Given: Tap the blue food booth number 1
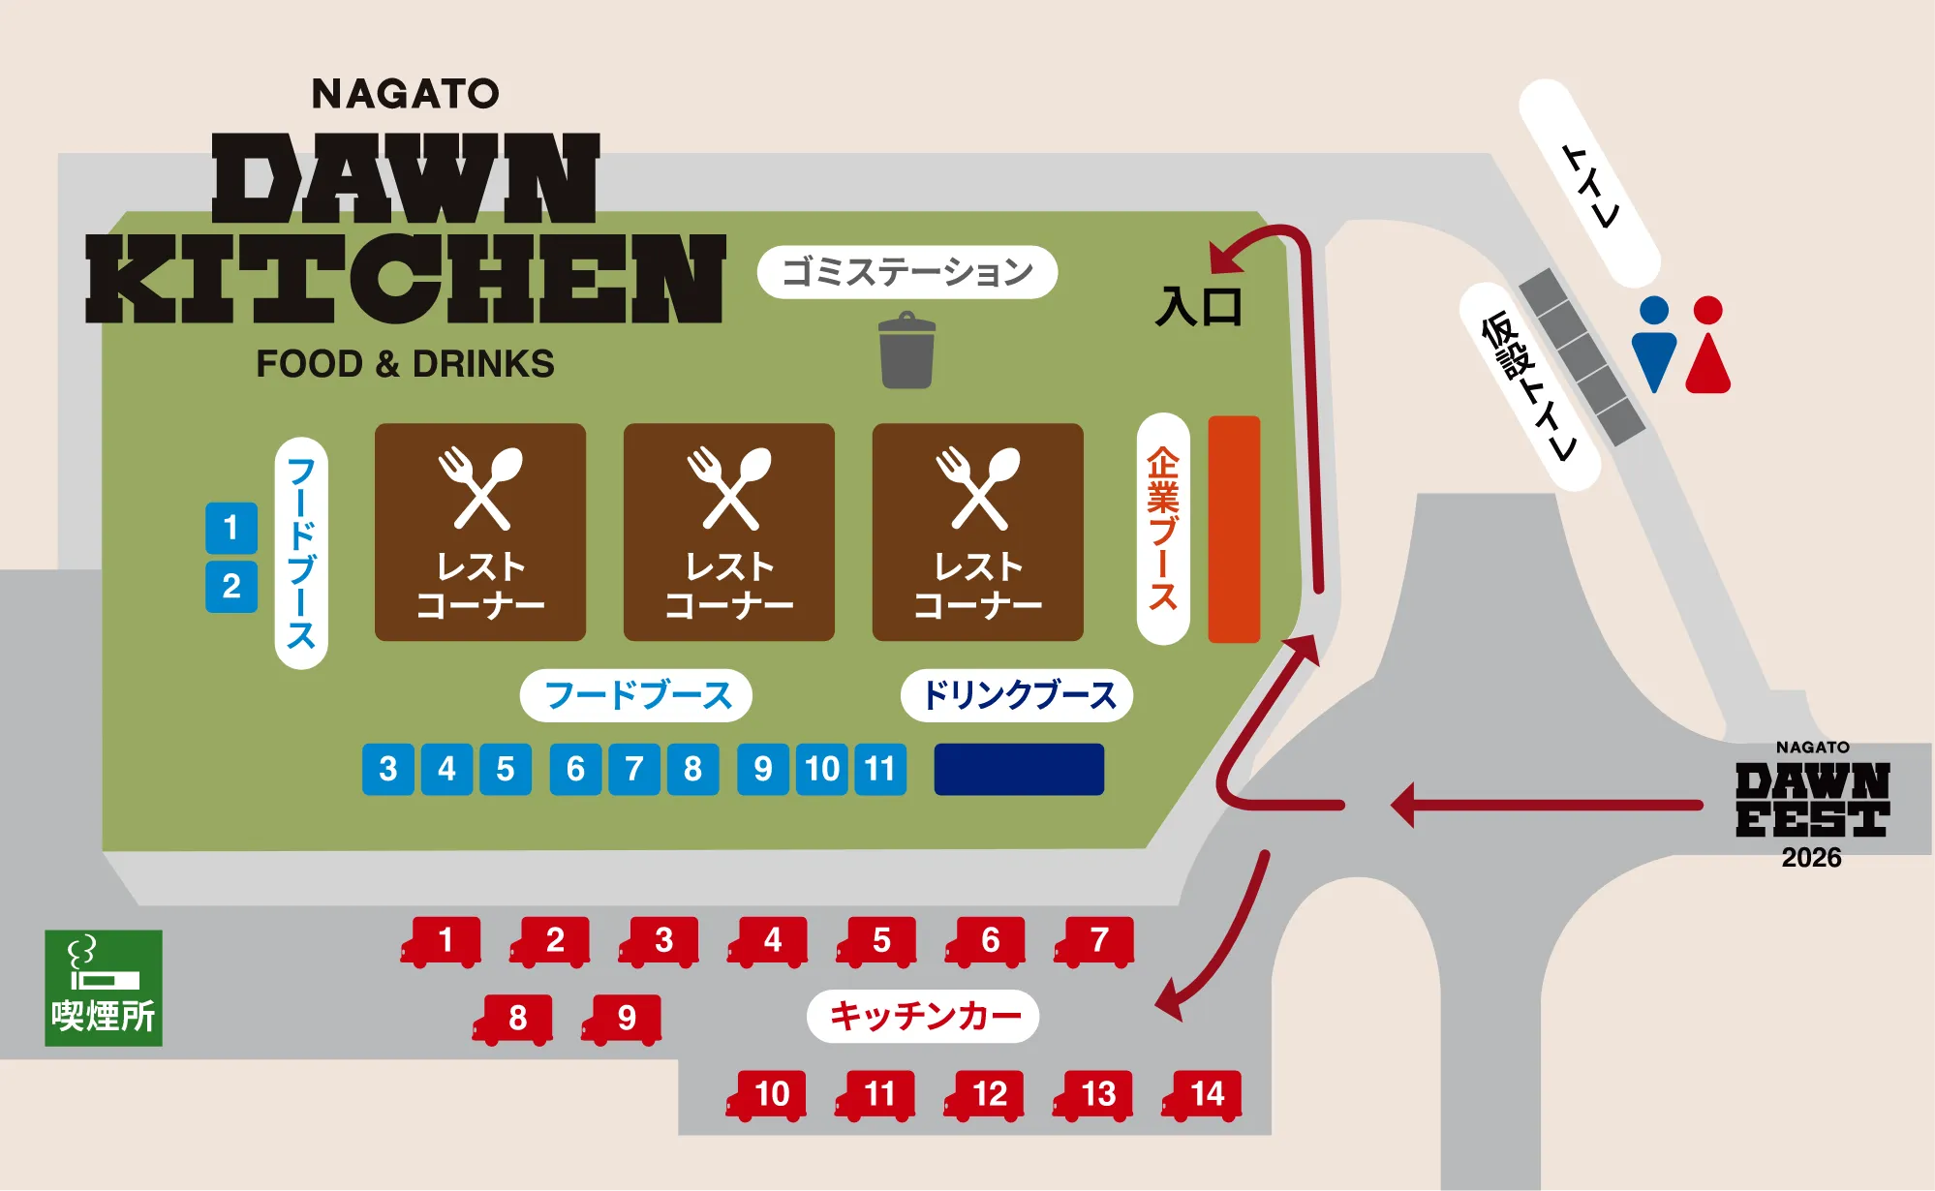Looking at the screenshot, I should [x=231, y=528].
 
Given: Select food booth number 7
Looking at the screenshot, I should [x=634, y=769].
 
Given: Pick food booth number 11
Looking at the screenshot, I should [x=880, y=769].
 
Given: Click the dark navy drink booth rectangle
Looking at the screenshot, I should [x=1019, y=769].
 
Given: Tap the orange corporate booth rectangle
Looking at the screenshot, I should [x=1234, y=530].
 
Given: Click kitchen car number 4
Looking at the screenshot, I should [x=770, y=941].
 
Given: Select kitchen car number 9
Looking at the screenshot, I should [x=624, y=1019].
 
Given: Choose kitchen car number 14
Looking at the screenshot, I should [x=1204, y=1095].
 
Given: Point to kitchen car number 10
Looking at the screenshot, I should [x=768, y=1095].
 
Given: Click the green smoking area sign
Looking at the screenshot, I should [x=104, y=988].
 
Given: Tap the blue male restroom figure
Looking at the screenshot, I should [x=1653, y=344].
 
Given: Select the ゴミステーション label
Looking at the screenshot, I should [x=906, y=272].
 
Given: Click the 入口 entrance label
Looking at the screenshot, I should [x=1199, y=307].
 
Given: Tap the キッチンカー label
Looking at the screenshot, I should [x=923, y=1016].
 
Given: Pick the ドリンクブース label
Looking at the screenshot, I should [x=1017, y=695].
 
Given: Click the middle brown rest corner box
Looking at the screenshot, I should [x=729, y=532].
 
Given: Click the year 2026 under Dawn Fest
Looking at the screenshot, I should [x=1811, y=858].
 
